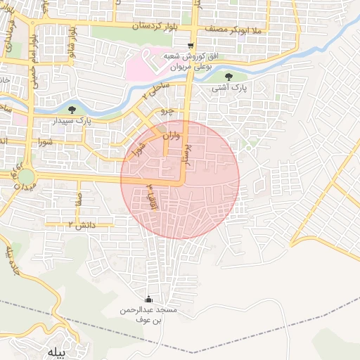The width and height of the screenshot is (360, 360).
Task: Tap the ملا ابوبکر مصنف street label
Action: [230, 30]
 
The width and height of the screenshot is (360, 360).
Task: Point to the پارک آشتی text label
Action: [230, 89]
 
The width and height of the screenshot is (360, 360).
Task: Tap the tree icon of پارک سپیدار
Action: [72, 109]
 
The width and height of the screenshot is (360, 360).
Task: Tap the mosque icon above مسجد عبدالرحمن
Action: [148, 298]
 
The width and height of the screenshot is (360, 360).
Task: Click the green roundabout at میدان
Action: [26, 176]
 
